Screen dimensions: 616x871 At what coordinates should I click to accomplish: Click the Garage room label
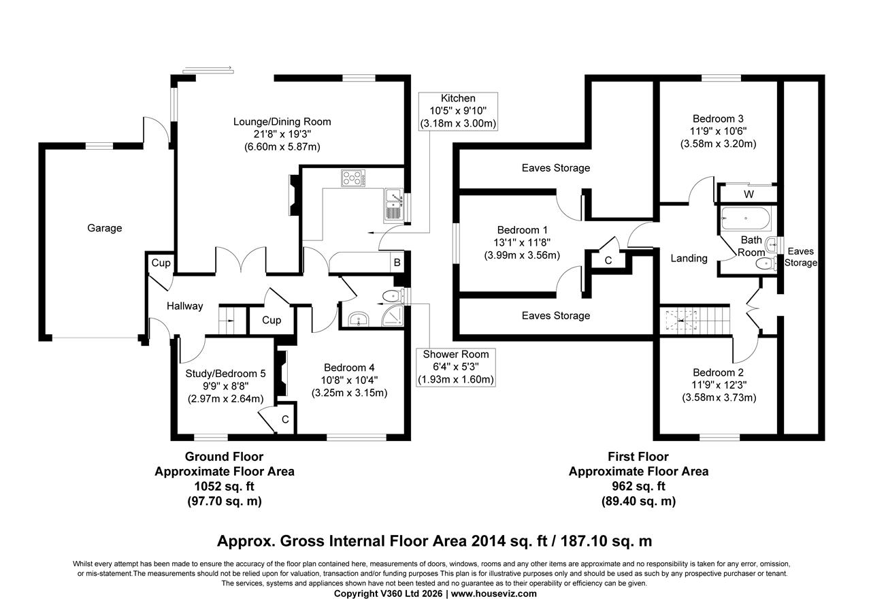point(104,228)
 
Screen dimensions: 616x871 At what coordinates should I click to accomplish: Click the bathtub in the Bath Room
point(746,219)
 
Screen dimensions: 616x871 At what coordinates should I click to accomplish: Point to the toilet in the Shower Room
point(391,296)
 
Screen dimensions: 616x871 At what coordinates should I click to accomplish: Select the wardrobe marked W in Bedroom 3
point(749,194)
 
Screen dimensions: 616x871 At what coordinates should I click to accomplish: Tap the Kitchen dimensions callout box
point(458,111)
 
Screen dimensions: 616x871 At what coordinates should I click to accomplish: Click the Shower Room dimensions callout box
point(455,367)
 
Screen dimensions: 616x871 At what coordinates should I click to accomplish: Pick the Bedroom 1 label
point(522,230)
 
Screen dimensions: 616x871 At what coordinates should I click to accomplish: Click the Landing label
point(689,258)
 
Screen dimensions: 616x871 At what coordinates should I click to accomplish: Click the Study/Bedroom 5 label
point(225,373)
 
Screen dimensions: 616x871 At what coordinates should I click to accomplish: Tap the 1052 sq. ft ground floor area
point(224,486)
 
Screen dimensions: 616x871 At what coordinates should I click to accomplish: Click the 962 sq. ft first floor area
point(638,486)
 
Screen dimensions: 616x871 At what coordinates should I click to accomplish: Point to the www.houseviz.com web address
point(493,594)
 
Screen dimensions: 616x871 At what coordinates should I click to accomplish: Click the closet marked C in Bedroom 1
point(608,259)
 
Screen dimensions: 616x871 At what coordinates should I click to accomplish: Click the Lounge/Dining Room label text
point(282,122)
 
